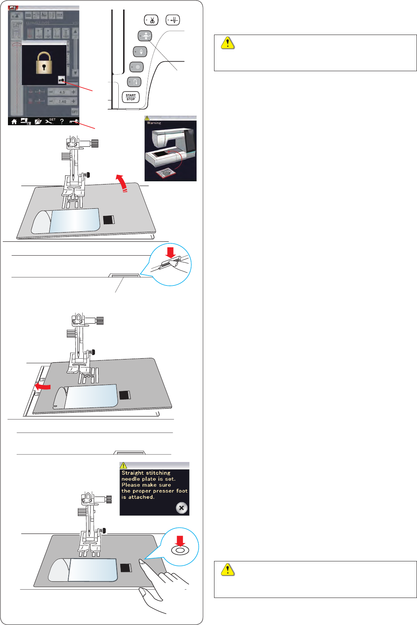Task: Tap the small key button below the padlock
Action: [x=61, y=80]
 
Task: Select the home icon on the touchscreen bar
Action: [x=14, y=122]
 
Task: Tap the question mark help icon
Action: [x=62, y=122]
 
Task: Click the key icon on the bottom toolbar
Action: [x=74, y=122]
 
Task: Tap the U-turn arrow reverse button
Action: [x=135, y=82]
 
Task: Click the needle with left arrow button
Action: [x=173, y=20]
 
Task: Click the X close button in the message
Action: [x=181, y=508]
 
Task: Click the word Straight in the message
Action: [x=133, y=473]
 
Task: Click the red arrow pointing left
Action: [x=42, y=386]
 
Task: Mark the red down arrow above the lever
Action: [x=171, y=252]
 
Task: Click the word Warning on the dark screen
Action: [x=154, y=123]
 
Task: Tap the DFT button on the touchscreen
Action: [x=75, y=112]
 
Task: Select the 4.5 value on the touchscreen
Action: [x=62, y=92]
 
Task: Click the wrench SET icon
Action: [x=50, y=121]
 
